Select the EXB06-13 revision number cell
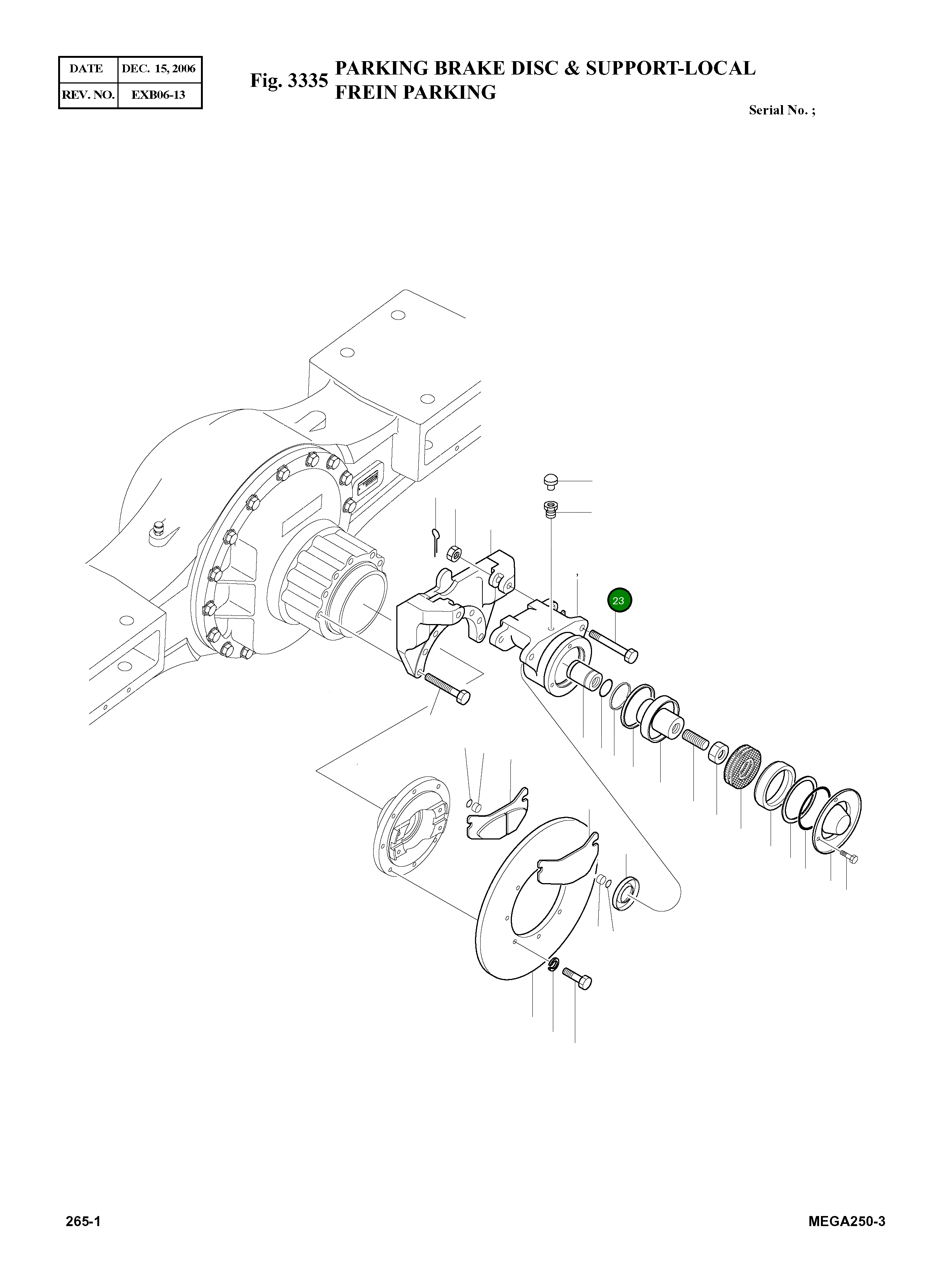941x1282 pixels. coord(159,95)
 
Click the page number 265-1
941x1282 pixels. coord(83,1222)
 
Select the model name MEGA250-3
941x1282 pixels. coord(846,1222)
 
